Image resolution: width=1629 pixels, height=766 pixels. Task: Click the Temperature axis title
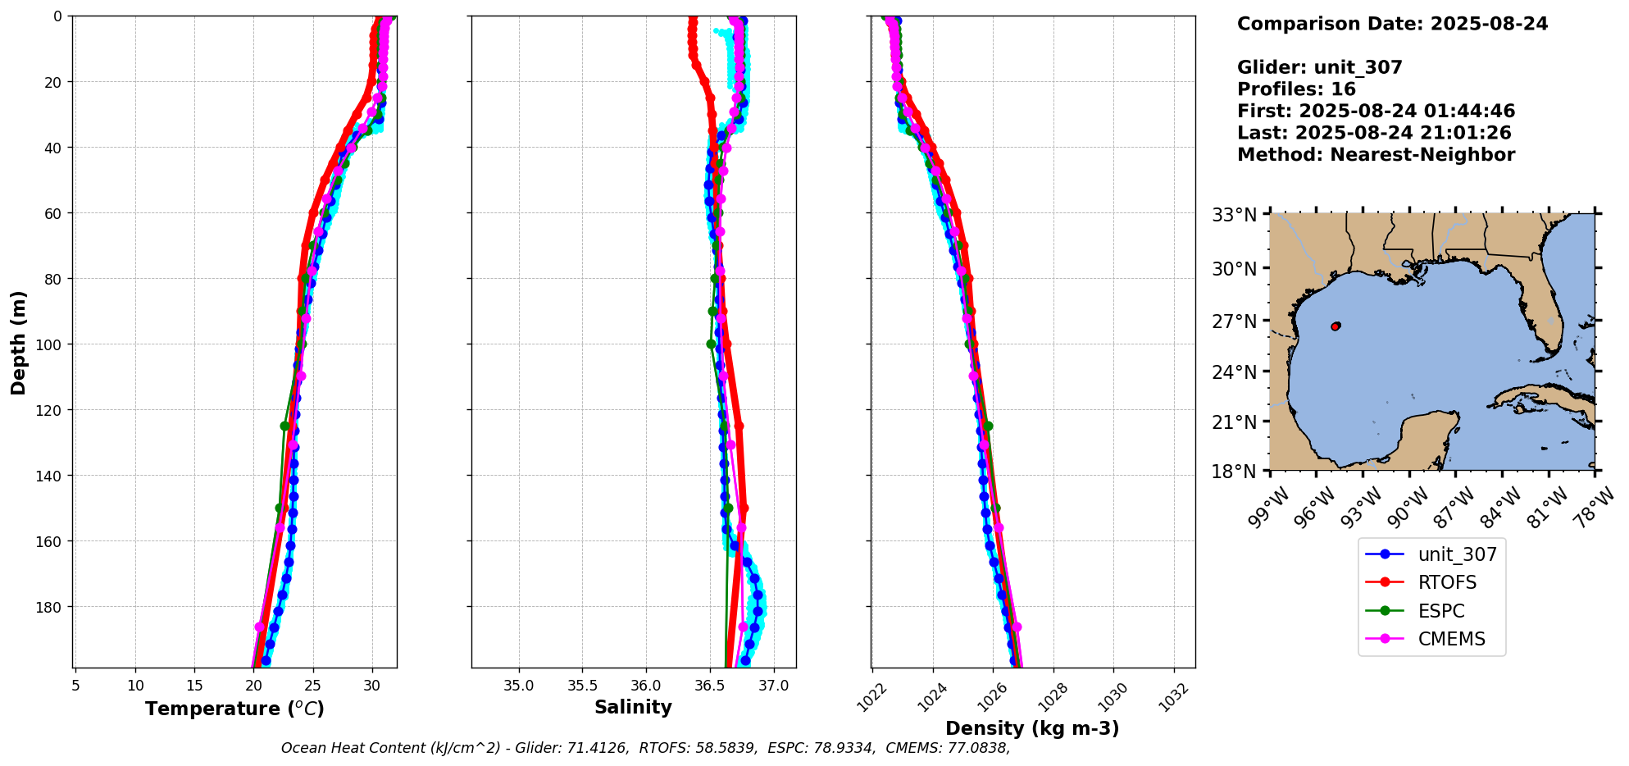234,709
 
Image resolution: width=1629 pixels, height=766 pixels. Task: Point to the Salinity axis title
633,707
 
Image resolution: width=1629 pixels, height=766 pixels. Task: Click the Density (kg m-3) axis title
1032,728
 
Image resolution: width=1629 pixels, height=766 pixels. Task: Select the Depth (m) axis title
18,342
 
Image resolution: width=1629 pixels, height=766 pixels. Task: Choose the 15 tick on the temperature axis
194,686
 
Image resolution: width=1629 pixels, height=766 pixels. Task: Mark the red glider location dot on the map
1335,326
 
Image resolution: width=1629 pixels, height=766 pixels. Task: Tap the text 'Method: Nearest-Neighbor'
1376,155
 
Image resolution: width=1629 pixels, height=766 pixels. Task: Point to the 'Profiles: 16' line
1296,89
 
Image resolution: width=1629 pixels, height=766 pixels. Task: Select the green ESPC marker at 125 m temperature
284,426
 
